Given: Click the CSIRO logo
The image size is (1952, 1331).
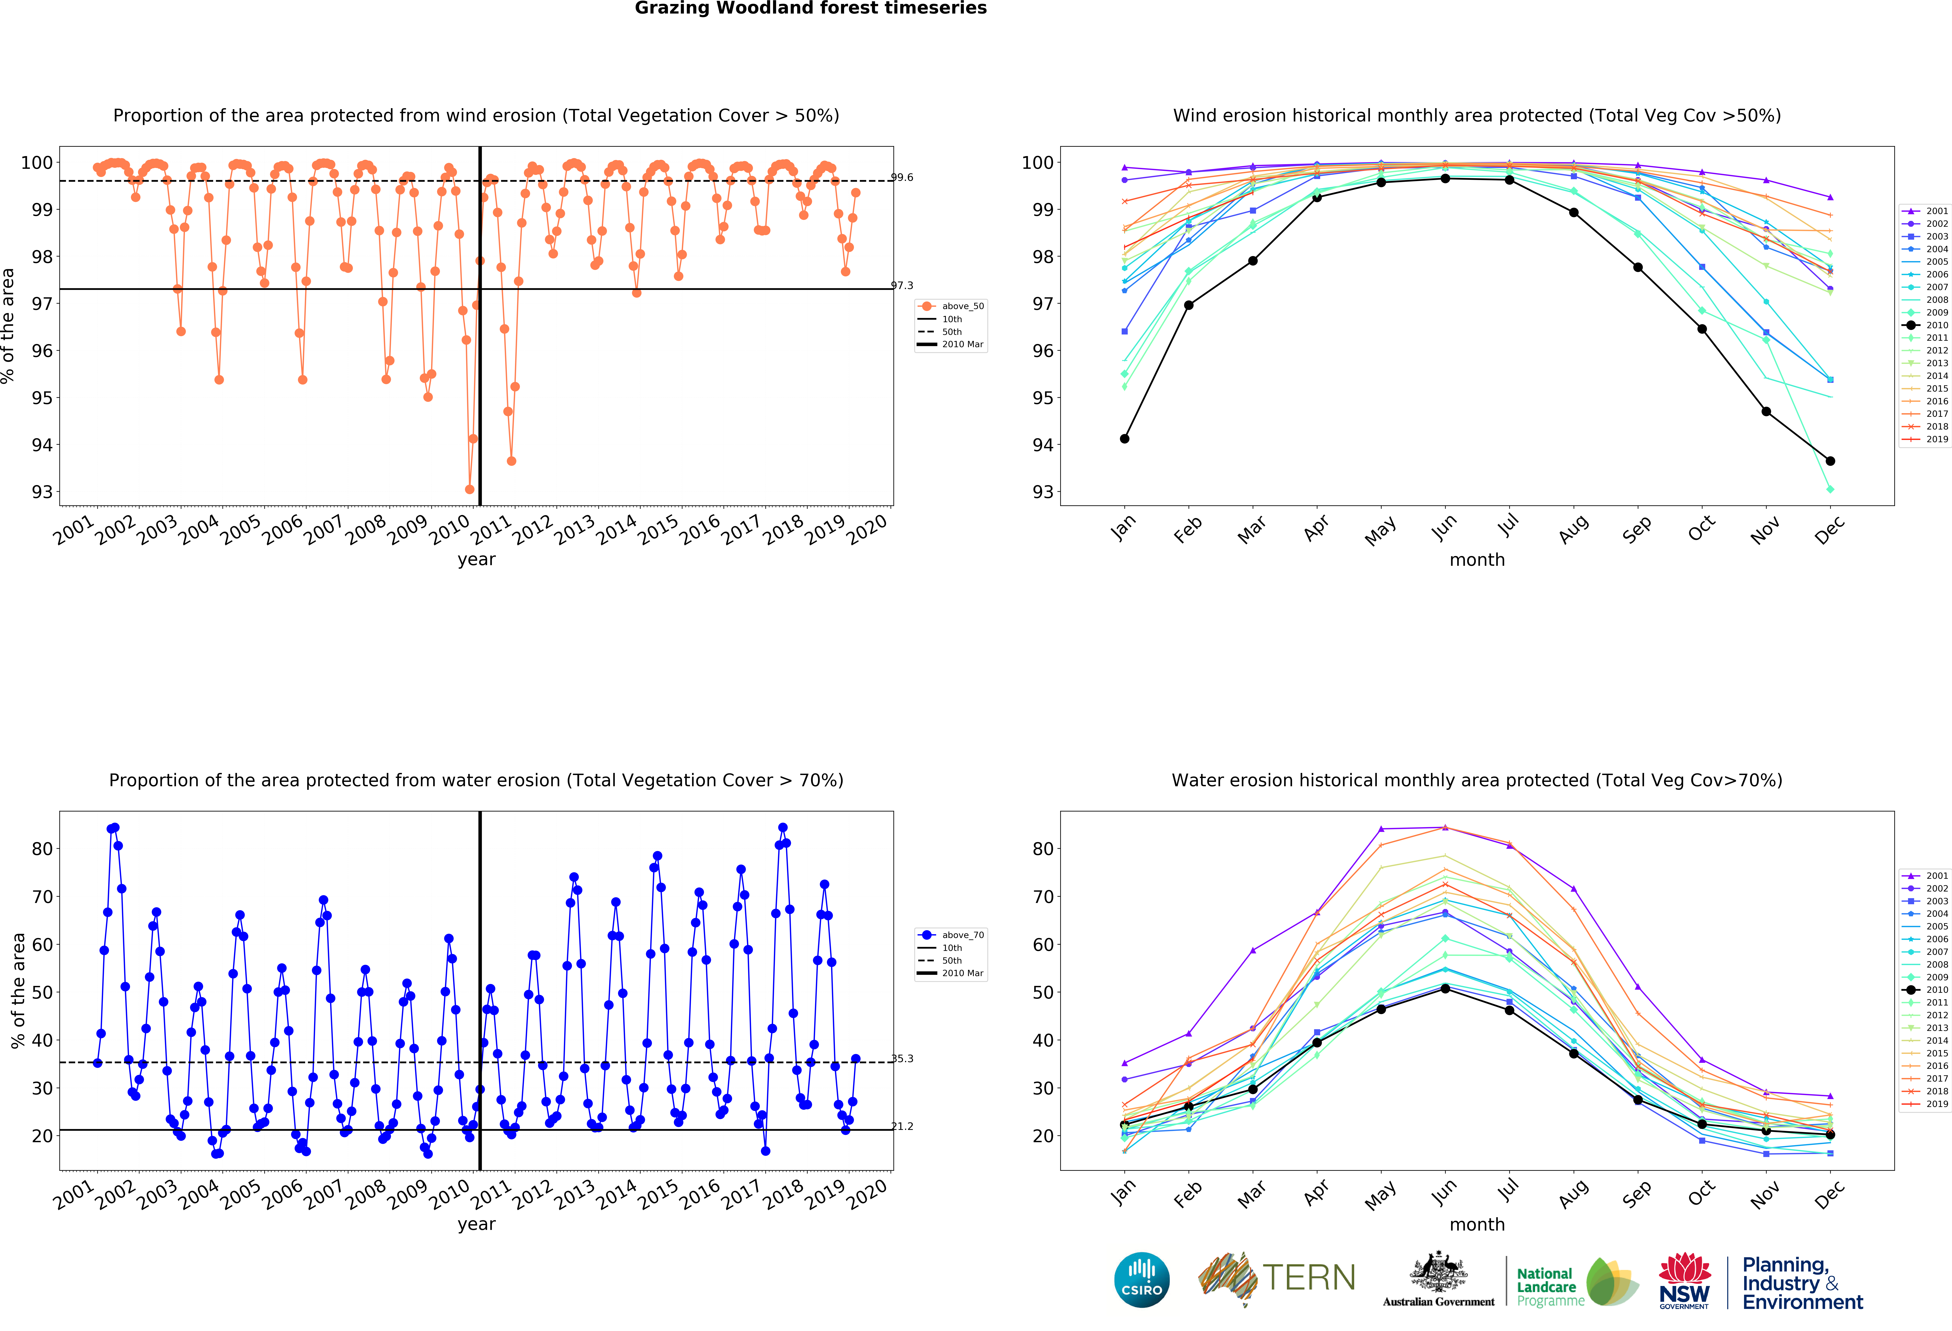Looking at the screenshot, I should (x=1141, y=1280).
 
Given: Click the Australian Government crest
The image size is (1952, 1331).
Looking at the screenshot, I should (x=1439, y=1273).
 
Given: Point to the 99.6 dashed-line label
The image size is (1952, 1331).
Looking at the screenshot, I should (x=902, y=177).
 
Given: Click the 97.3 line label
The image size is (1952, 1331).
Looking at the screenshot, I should (x=902, y=286).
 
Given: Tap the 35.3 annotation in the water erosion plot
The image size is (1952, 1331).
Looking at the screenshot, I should (x=902, y=1059).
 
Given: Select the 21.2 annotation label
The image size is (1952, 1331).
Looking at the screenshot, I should (x=902, y=1126).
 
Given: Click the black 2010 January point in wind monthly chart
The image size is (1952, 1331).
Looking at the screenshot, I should (x=1125, y=439).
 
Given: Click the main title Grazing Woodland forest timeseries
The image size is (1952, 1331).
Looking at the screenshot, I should (x=811, y=8).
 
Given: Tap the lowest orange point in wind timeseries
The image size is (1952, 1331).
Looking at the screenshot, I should (x=470, y=489).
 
